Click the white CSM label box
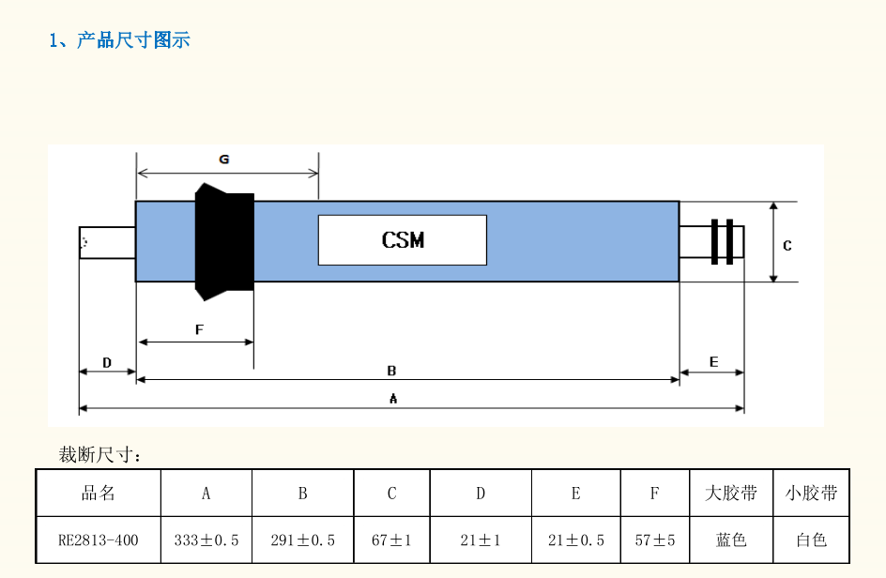tap(403, 240)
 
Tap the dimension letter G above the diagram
tap(224, 160)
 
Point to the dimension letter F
tap(199, 329)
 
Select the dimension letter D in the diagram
tap(107, 362)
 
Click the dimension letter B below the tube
tap(391, 371)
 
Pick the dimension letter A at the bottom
tap(393, 399)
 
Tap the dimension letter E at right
tap(713, 361)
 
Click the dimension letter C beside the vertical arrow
tap(787, 245)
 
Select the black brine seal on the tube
tap(224, 242)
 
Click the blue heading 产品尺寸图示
tap(133, 40)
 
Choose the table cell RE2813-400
tap(99, 540)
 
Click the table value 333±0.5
tap(206, 540)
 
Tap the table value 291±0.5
tap(303, 540)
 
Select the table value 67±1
tap(391, 540)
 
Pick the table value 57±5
tap(655, 540)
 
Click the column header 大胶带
tap(731, 494)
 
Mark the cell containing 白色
tap(812, 540)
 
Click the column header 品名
tap(99, 494)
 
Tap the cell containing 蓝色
tap(731, 540)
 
